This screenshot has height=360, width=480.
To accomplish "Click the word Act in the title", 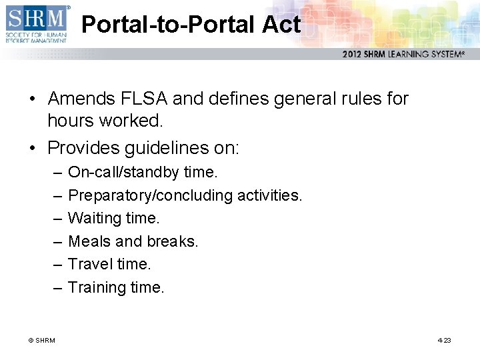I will (281, 25).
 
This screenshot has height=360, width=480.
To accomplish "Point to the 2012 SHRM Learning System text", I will (403, 54).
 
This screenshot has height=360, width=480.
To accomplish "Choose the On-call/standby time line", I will (143, 172).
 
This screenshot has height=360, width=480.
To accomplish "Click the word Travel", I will (90, 264).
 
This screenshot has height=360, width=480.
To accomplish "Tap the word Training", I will (95, 287).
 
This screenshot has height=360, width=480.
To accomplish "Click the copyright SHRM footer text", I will (41, 341).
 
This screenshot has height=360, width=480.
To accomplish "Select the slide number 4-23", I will (444, 341).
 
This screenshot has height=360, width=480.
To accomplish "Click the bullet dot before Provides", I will (32, 147).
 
